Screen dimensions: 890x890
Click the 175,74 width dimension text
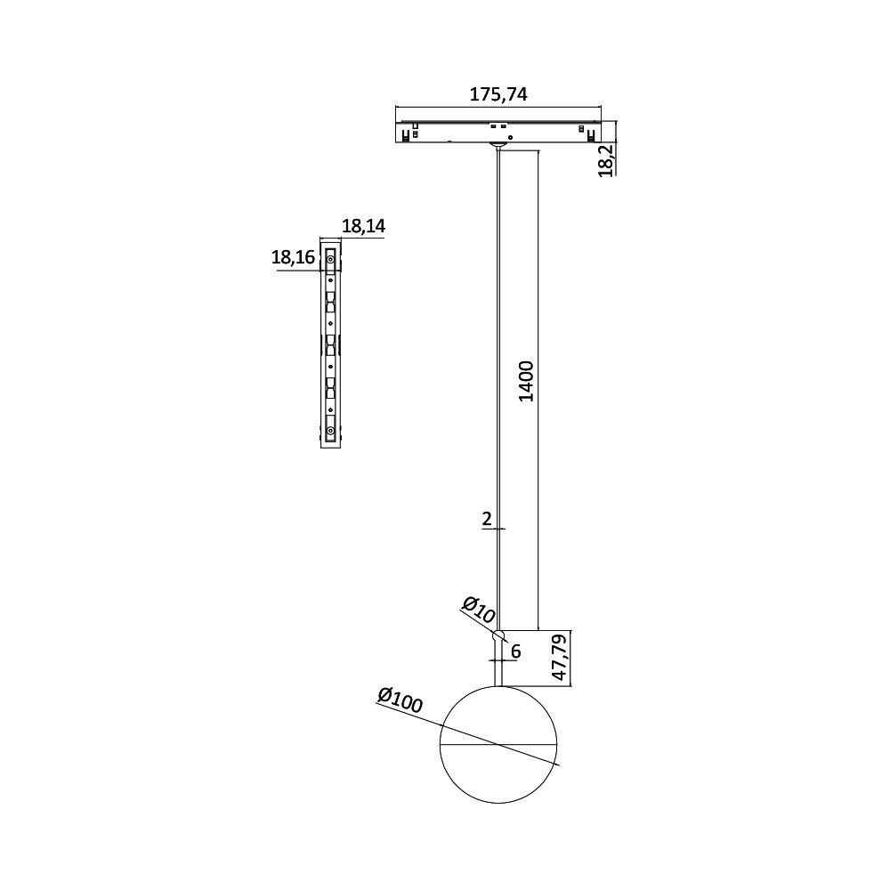(498, 93)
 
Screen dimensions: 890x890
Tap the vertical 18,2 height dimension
(605, 160)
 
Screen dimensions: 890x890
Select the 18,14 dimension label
(363, 227)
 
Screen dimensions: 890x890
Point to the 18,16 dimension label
(293, 258)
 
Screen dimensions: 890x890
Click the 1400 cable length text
(526, 381)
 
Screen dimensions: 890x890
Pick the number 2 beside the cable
(487, 519)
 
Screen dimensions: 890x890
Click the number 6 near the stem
(515, 651)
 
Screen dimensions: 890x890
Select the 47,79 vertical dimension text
(559, 659)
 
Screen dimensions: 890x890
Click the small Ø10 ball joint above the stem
(499, 635)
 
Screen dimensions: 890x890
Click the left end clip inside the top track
(407, 135)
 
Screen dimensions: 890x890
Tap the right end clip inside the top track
(590, 135)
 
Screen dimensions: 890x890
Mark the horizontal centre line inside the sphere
(498, 743)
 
